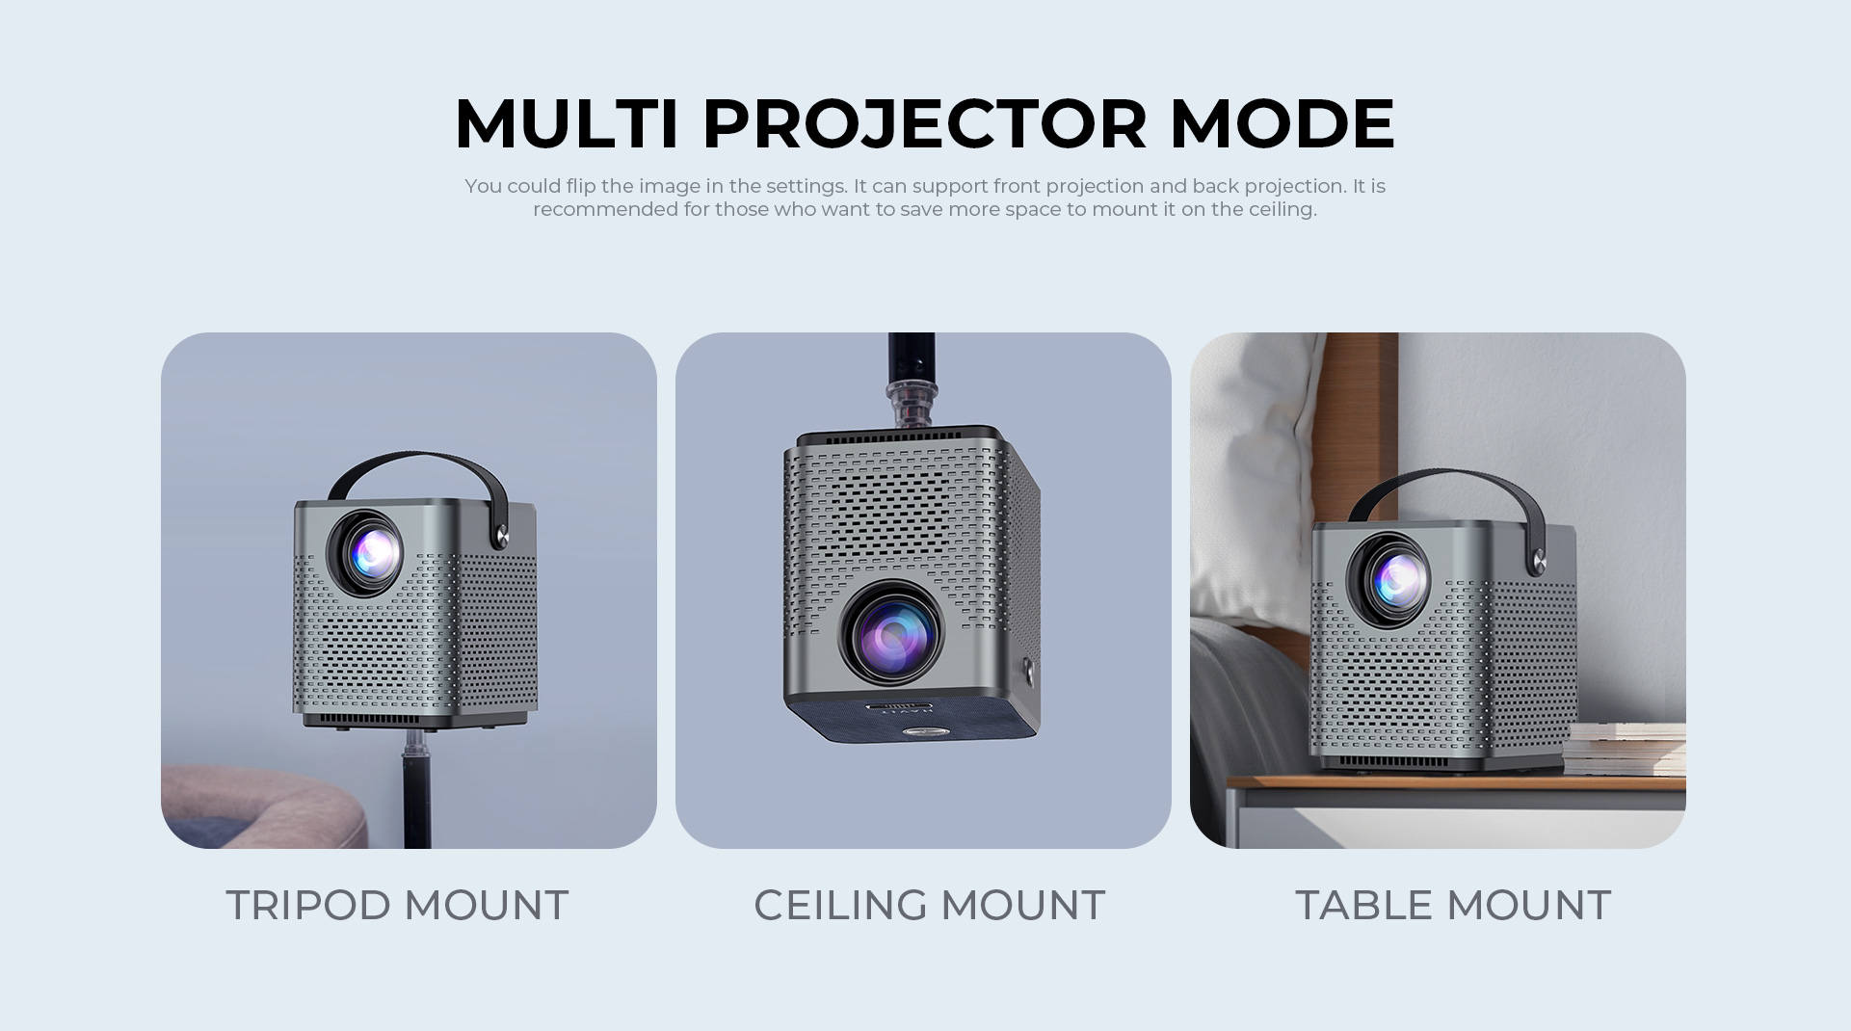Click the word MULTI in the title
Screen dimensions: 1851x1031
pyautogui.click(x=567, y=123)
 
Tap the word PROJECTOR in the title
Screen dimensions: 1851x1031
pyautogui.click(x=925, y=125)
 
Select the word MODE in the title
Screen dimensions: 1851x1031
pyautogui.click(x=1282, y=123)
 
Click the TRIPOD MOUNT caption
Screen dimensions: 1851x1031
pyautogui.click(x=397, y=906)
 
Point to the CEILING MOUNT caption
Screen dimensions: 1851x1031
pyautogui.click(x=929, y=906)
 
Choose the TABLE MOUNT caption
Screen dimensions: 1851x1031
pyautogui.click(x=1453, y=906)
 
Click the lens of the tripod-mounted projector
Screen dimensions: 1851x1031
pyautogui.click(x=366, y=553)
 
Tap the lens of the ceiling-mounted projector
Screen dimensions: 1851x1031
pyautogui.click(x=892, y=632)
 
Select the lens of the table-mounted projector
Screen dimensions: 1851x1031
pyautogui.click(x=1389, y=579)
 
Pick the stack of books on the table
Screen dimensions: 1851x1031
pyautogui.click(x=1625, y=749)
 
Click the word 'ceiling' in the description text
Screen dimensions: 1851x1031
pyautogui.click(x=1282, y=210)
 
